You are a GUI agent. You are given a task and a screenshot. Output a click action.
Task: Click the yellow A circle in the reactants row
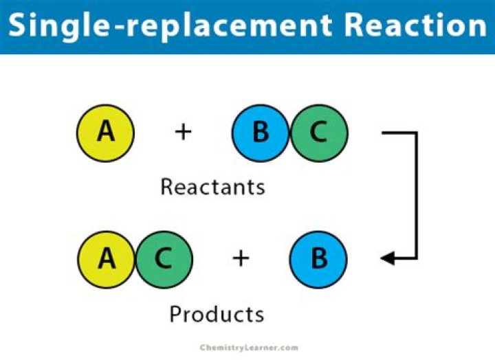point(105,132)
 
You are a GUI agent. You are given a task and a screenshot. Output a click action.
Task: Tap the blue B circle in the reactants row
point(261,132)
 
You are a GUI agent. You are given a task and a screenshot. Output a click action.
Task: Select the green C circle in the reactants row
point(319,132)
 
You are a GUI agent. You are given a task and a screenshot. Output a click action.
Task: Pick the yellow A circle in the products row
point(107,259)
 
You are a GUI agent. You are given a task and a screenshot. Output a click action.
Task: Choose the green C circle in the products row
point(164,259)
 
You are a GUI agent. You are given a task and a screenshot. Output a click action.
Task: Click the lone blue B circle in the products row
point(318,259)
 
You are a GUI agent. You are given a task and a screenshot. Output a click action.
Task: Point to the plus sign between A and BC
point(183,131)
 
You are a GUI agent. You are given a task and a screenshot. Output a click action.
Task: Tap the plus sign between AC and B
point(240,258)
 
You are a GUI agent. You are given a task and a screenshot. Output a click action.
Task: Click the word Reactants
point(212,186)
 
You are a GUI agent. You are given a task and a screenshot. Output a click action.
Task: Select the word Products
point(217,314)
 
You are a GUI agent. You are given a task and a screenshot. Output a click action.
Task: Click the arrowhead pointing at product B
point(388,259)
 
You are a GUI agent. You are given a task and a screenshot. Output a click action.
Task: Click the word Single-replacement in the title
point(171,26)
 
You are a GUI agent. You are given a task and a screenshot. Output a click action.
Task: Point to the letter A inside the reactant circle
point(105,131)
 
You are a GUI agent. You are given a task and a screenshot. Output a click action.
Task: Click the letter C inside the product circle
point(164,258)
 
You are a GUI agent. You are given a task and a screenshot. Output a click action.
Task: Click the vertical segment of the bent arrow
point(417,196)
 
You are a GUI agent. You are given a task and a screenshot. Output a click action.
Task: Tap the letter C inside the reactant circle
point(318,131)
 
